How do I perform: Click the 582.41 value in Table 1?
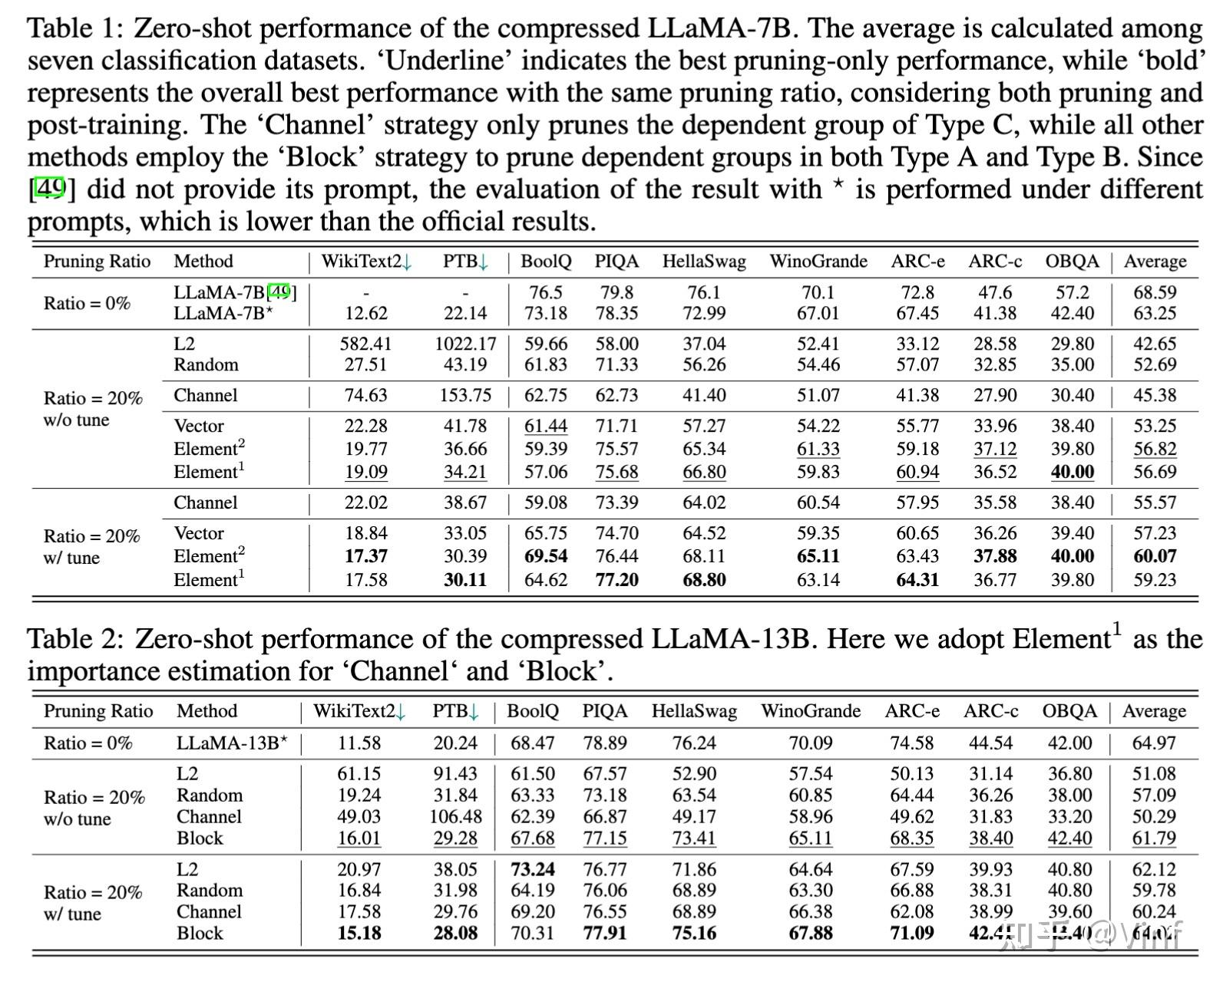365,344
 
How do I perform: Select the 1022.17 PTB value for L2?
465,344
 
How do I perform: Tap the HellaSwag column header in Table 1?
704,262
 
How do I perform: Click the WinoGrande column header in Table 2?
810,711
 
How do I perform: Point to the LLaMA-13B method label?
232,743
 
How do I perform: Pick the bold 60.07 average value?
1155,556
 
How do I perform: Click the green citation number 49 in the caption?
51,189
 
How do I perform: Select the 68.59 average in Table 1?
1155,292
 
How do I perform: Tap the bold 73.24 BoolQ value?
533,869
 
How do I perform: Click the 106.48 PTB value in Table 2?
455,817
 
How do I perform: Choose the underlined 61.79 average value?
1154,838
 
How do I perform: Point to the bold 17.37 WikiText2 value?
365,556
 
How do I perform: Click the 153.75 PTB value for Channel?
465,395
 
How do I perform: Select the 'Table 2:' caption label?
75,639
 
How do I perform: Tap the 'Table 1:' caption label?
74,28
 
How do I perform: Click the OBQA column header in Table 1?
1072,262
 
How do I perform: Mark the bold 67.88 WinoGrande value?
810,934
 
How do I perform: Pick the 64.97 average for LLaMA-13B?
1154,743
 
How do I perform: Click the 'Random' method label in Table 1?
206,364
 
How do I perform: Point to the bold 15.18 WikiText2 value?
359,934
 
